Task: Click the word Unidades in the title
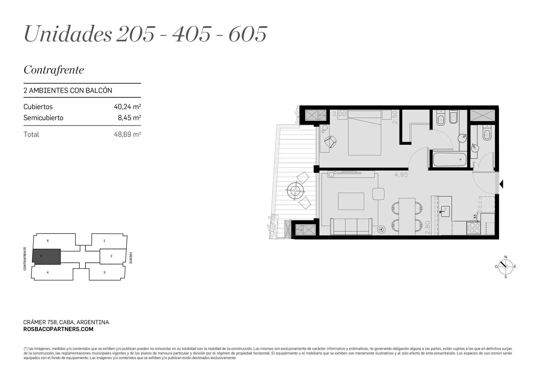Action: click(68, 33)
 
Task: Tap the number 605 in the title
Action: click(248, 34)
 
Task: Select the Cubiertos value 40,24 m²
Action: click(127, 107)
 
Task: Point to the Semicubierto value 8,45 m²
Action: click(129, 118)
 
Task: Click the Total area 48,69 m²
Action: click(127, 134)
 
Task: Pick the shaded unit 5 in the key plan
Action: click(46, 256)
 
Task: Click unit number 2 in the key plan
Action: click(111, 256)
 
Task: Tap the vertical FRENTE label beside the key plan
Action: click(131, 258)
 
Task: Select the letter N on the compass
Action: click(506, 257)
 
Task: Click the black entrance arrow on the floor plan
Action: click(501, 184)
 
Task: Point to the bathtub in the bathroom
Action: click(450, 159)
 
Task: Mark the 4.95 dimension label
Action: click(401, 175)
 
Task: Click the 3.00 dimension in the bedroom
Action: click(339, 114)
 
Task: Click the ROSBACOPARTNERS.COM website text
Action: click(58, 329)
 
